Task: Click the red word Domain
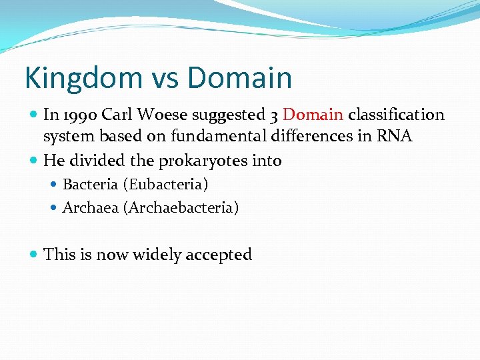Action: pyautogui.click(x=313, y=115)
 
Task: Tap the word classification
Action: pyautogui.click(x=396, y=115)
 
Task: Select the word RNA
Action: pyautogui.click(x=395, y=137)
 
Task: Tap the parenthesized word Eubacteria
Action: pyautogui.click(x=165, y=184)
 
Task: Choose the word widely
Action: pyautogui.click(x=155, y=254)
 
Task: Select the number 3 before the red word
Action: pyautogui.click(x=275, y=115)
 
